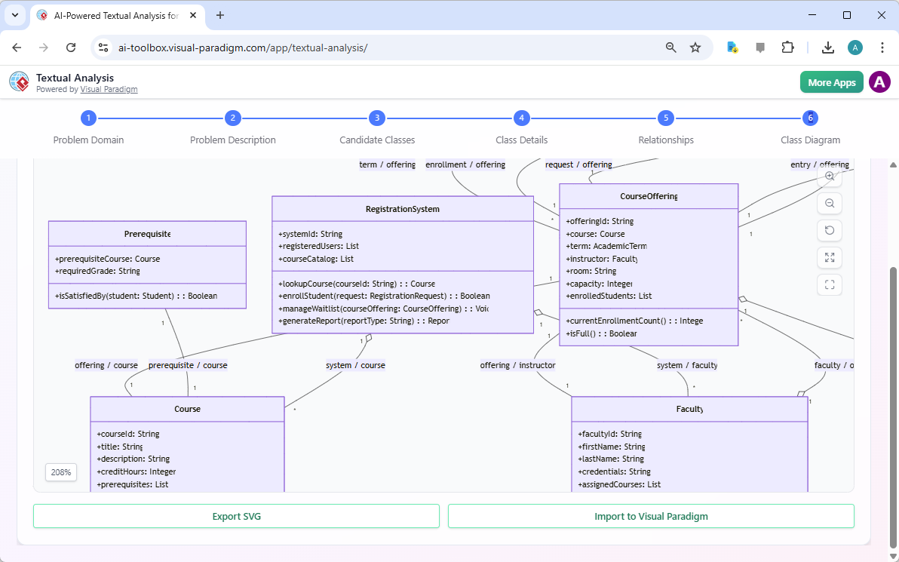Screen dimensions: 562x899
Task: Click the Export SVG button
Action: pyautogui.click(x=236, y=516)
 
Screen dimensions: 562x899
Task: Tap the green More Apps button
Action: pyautogui.click(x=831, y=82)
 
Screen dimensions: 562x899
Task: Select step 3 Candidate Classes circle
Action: pyautogui.click(x=376, y=118)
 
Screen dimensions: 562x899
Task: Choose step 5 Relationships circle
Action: pyautogui.click(x=665, y=118)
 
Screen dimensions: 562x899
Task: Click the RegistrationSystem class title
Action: pyautogui.click(x=402, y=209)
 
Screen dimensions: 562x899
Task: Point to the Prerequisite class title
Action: pyautogui.click(x=147, y=234)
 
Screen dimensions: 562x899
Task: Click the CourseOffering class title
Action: pyautogui.click(x=648, y=196)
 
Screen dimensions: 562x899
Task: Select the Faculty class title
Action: pyautogui.click(x=689, y=409)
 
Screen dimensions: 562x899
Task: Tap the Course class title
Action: pyautogui.click(x=187, y=409)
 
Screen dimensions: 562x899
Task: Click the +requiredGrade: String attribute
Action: pyautogui.click(x=97, y=271)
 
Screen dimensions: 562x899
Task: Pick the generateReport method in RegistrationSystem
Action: pyautogui.click(x=364, y=321)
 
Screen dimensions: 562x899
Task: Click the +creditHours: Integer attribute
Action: pyautogui.click(x=136, y=471)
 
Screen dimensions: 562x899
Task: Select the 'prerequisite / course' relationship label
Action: pyautogui.click(x=188, y=365)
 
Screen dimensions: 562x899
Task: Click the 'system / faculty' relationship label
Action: pyautogui.click(x=686, y=365)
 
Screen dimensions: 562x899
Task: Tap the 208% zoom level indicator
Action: pyautogui.click(x=61, y=472)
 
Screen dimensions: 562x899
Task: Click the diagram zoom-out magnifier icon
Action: pyautogui.click(x=830, y=204)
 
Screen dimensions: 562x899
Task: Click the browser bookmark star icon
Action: pyautogui.click(x=695, y=48)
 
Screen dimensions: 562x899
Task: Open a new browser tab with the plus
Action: pyautogui.click(x=220, y=15)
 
